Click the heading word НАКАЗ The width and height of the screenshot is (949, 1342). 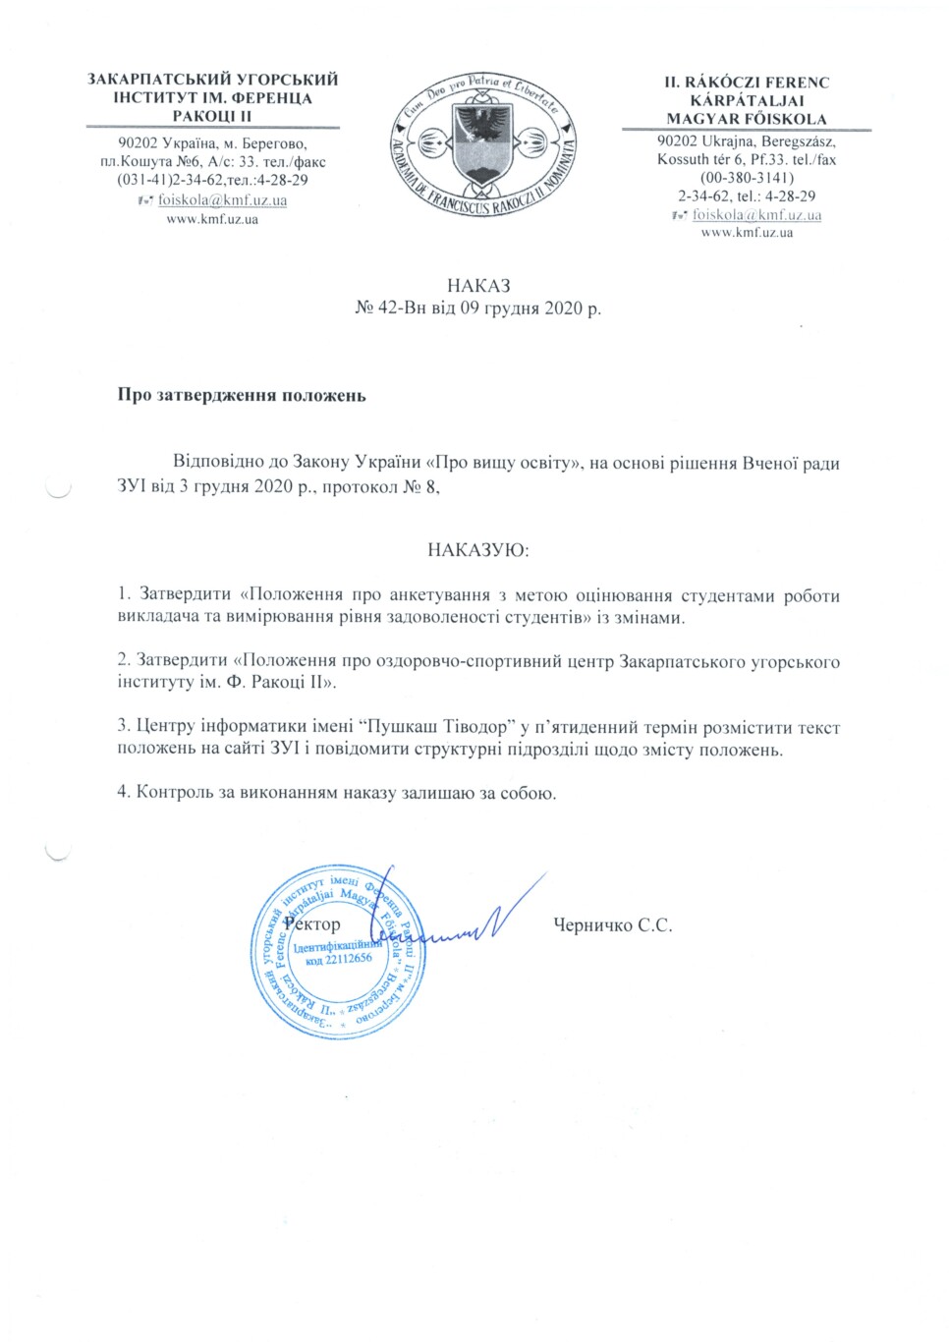[478, 286]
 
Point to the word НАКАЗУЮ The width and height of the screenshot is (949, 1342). [478, 550]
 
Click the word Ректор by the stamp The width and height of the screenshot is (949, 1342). [312, 923]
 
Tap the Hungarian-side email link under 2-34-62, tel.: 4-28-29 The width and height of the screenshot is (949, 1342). [756, 214]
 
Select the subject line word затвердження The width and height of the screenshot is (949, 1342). [212, 396]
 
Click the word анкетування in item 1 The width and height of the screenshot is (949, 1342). [438, 594]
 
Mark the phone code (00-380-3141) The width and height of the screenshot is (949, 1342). [747, 178]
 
